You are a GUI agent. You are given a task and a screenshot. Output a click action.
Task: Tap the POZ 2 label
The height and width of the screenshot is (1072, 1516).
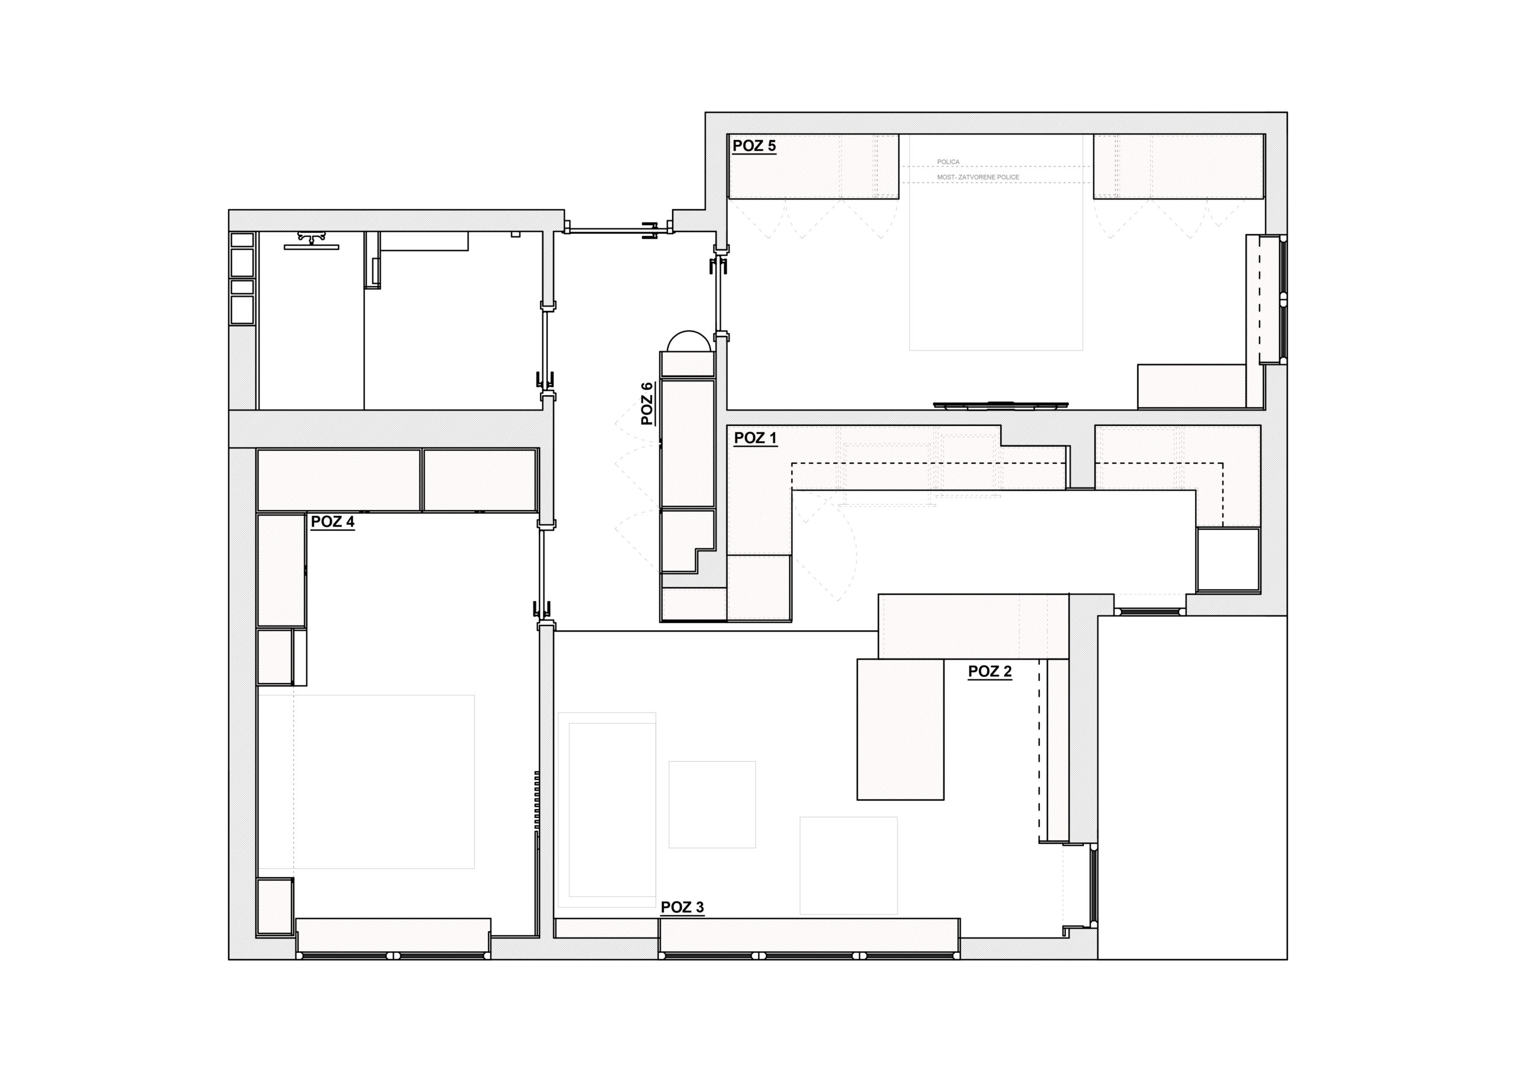990,672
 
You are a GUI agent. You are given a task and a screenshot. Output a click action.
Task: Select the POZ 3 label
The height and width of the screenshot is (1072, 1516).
682,907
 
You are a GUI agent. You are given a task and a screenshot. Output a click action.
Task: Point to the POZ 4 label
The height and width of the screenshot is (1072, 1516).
332,522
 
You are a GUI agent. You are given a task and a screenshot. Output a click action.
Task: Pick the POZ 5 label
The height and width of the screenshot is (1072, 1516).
754,146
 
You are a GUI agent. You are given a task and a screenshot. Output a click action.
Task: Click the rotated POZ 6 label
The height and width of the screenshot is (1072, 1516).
647,403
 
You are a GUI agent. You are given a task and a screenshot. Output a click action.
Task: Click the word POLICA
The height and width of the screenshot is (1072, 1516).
948,162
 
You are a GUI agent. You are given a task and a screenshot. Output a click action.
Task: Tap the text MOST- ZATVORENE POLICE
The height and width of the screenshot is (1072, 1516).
978,177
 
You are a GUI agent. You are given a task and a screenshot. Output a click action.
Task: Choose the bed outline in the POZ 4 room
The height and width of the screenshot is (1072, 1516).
366,781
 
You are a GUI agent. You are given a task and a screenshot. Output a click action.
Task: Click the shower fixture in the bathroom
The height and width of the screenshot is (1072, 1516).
311,241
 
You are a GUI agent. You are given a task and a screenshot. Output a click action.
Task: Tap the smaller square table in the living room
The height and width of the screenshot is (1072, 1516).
712,804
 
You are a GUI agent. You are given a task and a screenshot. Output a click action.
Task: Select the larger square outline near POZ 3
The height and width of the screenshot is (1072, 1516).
849,865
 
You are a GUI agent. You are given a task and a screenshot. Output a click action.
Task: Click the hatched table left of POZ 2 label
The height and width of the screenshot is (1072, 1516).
901,729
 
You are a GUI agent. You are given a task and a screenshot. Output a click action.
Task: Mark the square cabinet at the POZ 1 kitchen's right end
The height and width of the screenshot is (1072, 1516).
1228,559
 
